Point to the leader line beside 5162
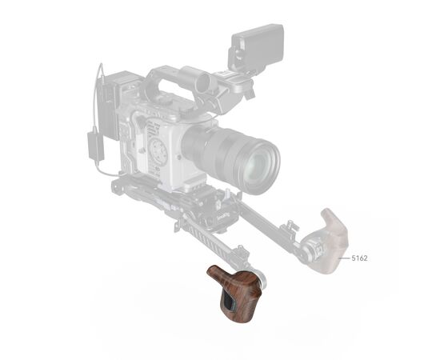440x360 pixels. click(x=345, y=258)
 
